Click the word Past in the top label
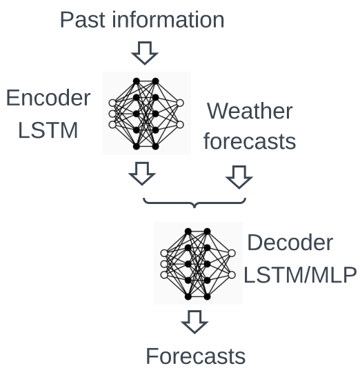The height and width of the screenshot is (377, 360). pos(83,20)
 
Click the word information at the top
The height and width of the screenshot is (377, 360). pos(168,19)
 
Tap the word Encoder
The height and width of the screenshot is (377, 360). pos(48,98)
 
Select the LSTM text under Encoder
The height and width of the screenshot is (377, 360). pos(48,130)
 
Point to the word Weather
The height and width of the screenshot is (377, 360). pos(250,111)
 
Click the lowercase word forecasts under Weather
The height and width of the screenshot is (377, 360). pos(250,141)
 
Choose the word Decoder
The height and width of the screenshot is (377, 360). pos(290,243)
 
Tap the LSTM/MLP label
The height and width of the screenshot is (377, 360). pos(300,275)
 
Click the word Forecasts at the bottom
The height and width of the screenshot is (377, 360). pos(196,356)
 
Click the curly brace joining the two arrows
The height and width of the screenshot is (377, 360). pos(194,204)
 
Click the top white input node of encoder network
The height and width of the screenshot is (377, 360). pos(112,103)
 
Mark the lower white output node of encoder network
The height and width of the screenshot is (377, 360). pos(180,125)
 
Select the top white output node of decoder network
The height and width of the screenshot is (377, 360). pos(232,253)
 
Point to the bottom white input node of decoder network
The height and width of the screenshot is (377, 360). pos(164,275)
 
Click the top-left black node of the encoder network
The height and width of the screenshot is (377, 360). pos(137,81)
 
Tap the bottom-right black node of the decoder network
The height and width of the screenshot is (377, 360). pos(207,296)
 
